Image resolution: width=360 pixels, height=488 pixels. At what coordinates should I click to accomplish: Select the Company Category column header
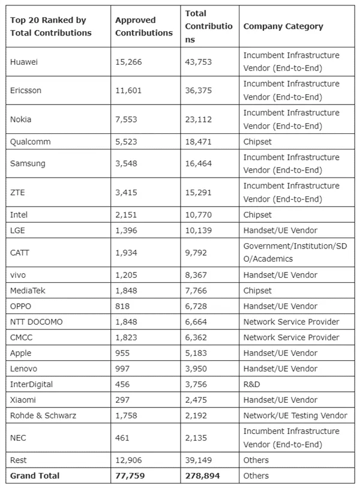283,26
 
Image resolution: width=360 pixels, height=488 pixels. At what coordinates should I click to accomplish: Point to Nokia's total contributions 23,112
199,119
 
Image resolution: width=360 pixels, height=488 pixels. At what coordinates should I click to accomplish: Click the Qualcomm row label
30,142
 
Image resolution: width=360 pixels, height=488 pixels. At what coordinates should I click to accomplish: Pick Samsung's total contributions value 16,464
199,163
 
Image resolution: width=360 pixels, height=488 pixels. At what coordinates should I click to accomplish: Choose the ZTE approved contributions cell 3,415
126,192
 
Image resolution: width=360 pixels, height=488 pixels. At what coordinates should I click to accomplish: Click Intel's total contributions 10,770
199,214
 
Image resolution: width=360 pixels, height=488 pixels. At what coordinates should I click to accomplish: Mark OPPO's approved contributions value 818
122,306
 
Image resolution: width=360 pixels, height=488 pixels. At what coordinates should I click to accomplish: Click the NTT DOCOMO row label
36,322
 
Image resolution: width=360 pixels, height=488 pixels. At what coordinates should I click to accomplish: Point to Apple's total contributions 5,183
196,353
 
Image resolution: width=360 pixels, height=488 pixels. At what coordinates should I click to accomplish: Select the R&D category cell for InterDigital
251,384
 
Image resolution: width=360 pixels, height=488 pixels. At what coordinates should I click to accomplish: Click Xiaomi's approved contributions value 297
122,400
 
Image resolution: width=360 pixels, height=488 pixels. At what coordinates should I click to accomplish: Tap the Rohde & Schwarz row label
43,415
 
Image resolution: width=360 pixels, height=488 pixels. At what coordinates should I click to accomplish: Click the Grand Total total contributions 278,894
201,475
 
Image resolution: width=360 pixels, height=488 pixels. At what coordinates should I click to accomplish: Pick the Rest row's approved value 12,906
128,460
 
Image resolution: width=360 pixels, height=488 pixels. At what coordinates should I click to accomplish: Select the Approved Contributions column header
143,26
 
